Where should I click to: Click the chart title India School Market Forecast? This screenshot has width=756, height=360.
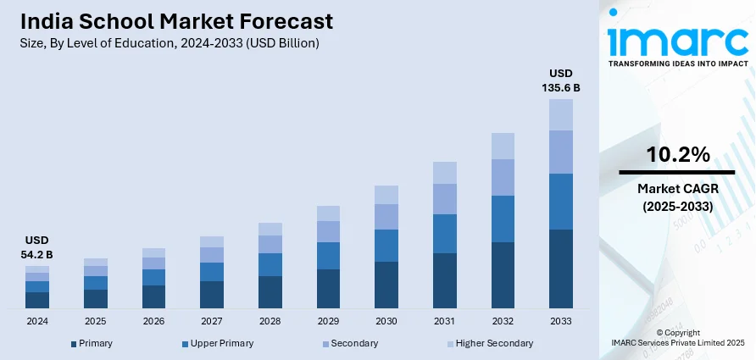tap(174, 20)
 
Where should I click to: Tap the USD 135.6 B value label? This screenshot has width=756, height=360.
tap(560, 80)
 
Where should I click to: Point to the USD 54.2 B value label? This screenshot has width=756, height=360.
tap(37, 246)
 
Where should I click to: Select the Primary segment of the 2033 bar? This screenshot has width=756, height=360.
tap(560, 268)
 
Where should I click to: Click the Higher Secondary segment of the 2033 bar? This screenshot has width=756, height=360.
tap(560, 114)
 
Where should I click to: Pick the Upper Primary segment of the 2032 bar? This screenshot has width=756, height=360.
tap(503, 219)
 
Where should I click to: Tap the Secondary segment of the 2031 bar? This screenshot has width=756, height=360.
tap(444, 198)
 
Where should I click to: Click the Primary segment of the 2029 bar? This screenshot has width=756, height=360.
tap(328, 288)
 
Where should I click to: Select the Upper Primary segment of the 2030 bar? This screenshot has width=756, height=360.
tap(386, 245)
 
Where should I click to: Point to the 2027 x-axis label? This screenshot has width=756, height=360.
tap(212, 322)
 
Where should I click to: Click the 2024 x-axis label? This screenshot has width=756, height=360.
tap(37, 322)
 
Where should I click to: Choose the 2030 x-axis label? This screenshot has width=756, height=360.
tap(386, 322)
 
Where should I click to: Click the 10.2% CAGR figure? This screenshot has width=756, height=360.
tap(676, 154)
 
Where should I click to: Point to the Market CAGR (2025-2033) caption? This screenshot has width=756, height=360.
tap(676, 197)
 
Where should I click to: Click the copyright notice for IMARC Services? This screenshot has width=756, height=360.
tap(676, 338)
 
